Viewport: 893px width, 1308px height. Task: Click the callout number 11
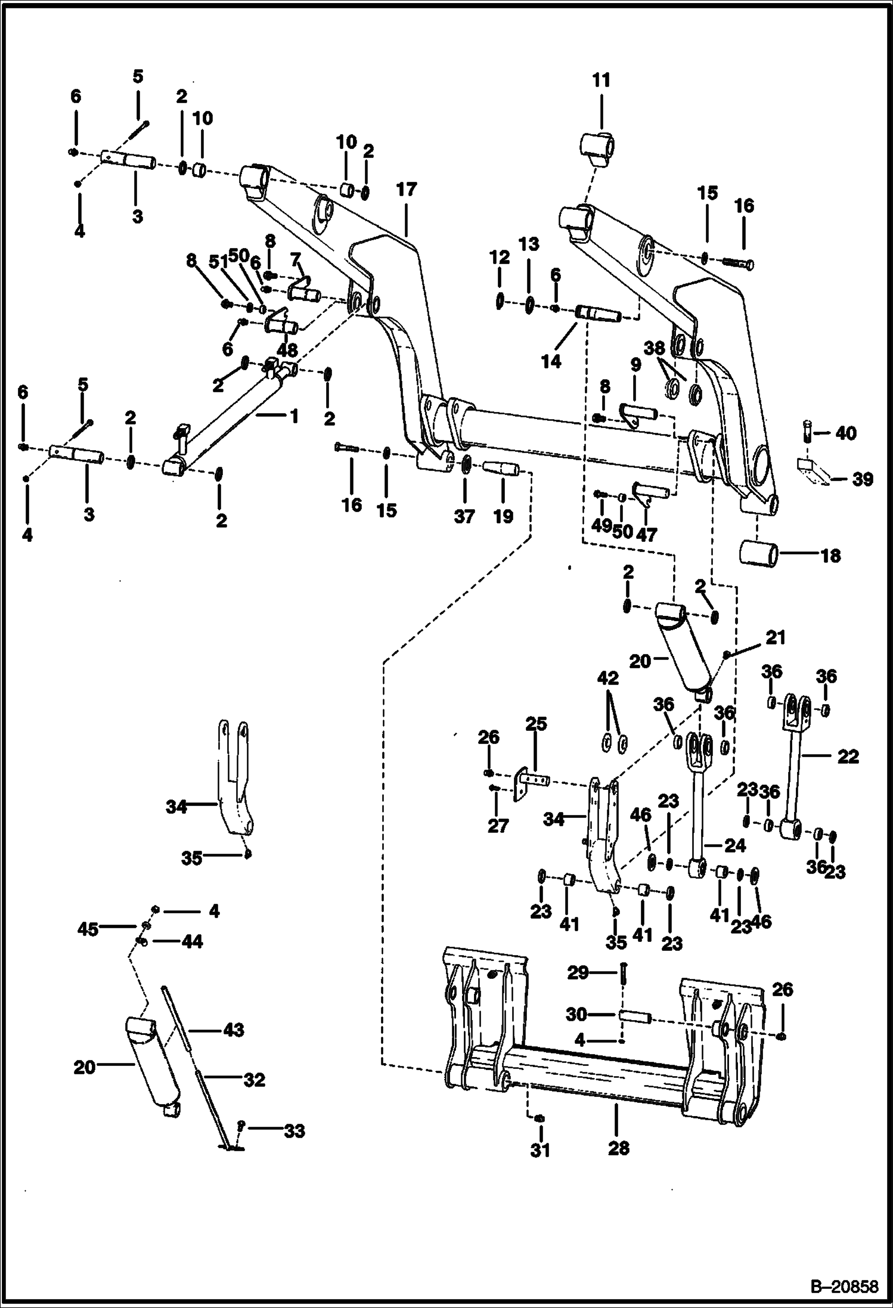(601, 80)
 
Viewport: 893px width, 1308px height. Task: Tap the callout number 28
(618, 1148)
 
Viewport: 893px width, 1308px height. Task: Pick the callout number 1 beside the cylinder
(293, 416)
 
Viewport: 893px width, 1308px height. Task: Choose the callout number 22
(848, 757)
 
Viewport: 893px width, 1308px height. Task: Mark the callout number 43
(234, 1030)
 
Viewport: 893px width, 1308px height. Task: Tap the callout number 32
(254, 1080)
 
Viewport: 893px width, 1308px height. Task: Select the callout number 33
(294, 1131)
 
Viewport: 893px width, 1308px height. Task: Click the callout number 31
(540, 1149)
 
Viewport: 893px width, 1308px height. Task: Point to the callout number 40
(845, 433)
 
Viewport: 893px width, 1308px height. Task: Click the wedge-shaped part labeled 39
(811, 471)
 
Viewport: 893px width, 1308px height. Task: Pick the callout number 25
(536, 724)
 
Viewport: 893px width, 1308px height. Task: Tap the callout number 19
(503, 516)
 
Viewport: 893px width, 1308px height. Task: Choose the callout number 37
(464, 516)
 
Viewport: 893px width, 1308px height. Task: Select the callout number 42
(608, 678)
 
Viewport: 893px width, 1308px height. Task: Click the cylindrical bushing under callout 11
(599, 146)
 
